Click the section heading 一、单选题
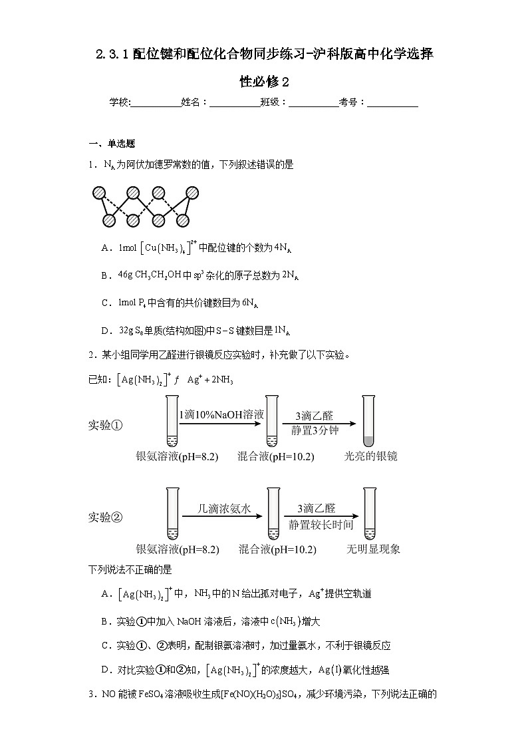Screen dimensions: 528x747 (112, 144)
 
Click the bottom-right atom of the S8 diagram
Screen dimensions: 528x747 (184, 220)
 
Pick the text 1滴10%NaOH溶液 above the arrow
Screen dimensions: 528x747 (221, 414)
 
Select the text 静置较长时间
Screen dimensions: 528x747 (321, 524)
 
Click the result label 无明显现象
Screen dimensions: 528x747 (373, 549)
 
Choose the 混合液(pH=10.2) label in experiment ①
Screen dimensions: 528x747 (276, 456)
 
